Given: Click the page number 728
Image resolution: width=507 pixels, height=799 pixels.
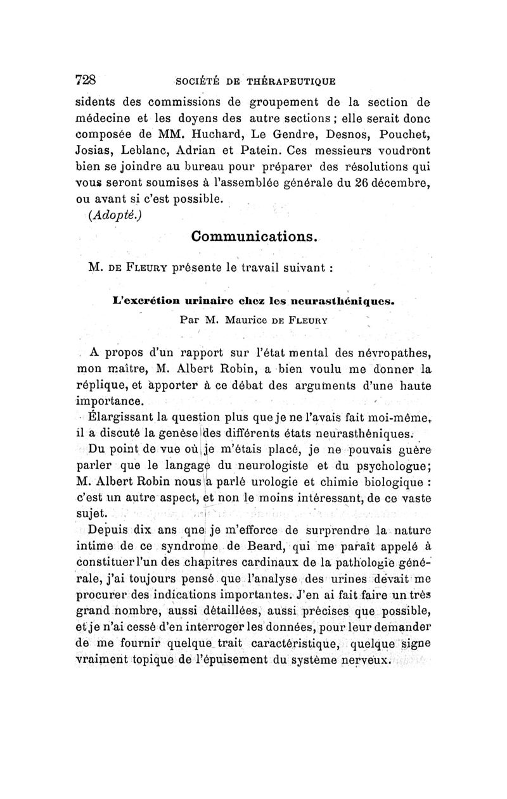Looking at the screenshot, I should (85, 80).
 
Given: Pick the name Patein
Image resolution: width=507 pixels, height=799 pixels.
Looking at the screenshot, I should (258, 152).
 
